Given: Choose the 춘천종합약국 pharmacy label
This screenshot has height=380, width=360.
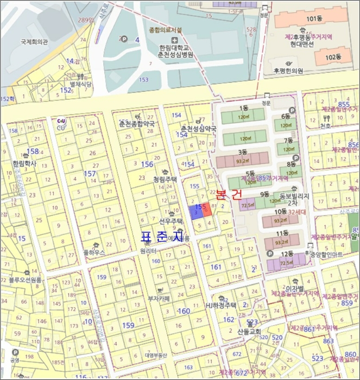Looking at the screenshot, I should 137,124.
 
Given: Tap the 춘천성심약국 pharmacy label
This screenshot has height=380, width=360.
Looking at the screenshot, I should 199,129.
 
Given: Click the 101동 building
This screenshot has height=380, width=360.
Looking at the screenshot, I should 311,20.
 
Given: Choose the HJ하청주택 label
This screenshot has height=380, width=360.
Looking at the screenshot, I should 224,305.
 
